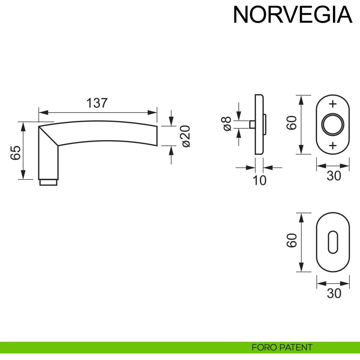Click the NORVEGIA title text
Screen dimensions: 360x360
coord(292,14)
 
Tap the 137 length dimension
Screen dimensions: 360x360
coord(97,103)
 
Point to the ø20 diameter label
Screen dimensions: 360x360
coord(186,136)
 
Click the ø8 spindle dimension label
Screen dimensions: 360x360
coord(227,124)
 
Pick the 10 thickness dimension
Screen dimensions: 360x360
coord(259,181)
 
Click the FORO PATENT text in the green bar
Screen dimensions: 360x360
coord(282,347)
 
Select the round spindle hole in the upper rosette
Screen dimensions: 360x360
coord(332,125)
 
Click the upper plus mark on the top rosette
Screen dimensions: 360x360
coord(333,104)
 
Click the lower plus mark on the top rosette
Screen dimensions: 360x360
coord(333,146)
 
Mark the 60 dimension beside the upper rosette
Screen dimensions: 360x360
coord(292,123)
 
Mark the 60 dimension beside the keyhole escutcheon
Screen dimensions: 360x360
coord(292,241)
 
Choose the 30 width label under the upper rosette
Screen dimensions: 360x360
coord(334,176)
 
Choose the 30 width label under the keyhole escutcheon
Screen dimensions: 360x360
coord(334,293)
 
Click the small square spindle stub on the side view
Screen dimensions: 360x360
coord(252,124)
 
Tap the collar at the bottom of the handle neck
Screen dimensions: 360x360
coord(48,182)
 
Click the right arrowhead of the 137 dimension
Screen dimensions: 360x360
coord(152,112)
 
